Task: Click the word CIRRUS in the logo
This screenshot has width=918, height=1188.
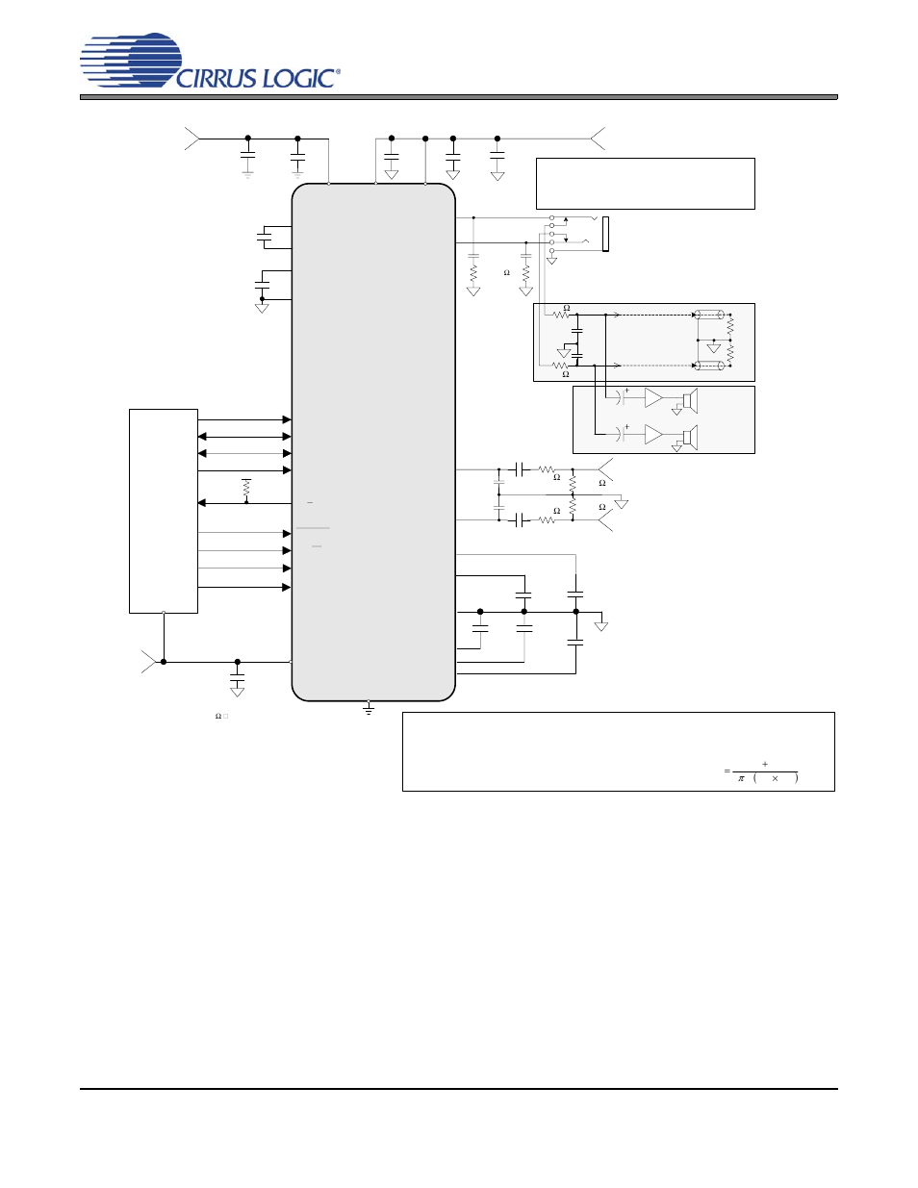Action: point(217,79)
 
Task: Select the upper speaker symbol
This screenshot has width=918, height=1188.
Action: point(690,399)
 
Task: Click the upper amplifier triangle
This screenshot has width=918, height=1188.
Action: point(653,398)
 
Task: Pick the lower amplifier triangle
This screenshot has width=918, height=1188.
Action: point(653,435)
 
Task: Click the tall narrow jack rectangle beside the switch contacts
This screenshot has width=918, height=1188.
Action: point(605,234)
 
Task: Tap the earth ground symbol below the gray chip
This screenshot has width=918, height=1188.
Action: point(369,709)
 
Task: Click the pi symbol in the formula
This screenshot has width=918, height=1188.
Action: point(741,778)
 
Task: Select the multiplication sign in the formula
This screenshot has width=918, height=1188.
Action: point(775,778)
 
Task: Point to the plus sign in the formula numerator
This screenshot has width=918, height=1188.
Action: point(765,764)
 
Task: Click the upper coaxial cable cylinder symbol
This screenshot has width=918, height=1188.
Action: point(710,315)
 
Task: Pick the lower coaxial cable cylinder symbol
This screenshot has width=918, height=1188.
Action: point(710,366)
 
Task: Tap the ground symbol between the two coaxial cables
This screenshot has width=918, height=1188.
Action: point(713,346)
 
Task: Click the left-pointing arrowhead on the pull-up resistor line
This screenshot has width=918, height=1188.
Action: point(202,503)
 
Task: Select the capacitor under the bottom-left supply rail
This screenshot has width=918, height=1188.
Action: point(238,681)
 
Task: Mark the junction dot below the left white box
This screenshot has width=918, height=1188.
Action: point(164,662)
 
